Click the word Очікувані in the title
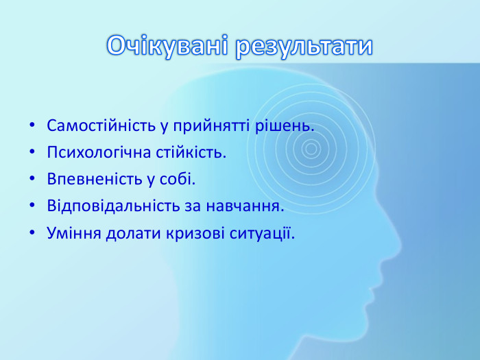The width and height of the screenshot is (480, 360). pos(167,46)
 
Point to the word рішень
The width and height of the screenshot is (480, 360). pos(291,126)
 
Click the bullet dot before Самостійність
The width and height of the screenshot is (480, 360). pos(32,127)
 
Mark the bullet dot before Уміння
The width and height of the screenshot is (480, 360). pos(32,233)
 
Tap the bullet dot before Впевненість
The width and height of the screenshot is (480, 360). pos(32,180)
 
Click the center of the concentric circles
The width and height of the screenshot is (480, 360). pos(311,148)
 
